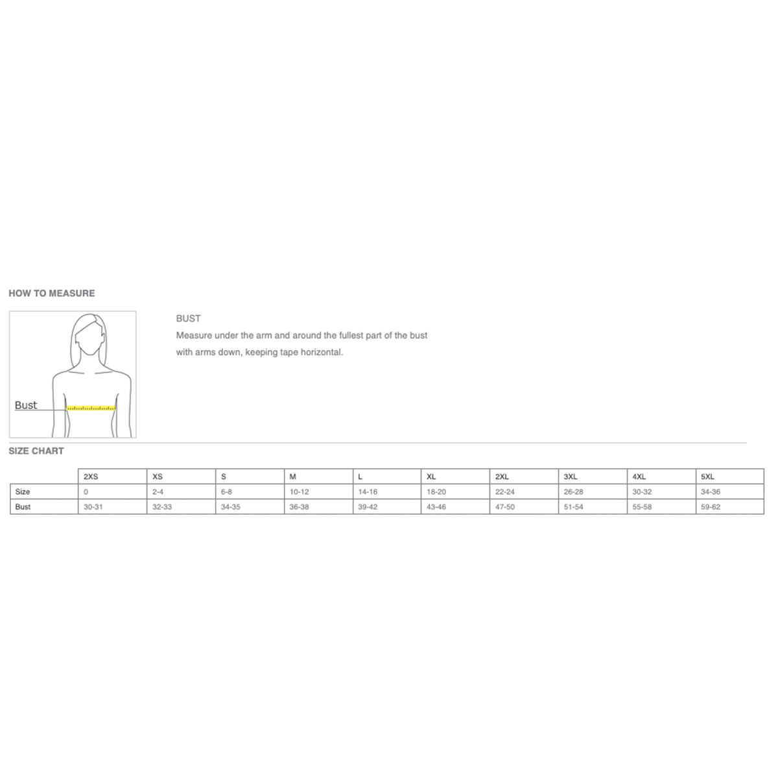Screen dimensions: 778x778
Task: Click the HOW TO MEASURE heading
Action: (52, 294)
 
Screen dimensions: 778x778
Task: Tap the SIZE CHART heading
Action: (36, 451)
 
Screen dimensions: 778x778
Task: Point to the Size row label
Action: (23, 491)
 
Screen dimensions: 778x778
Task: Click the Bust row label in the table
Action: (23, 507)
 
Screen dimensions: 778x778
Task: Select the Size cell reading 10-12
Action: (299, 491)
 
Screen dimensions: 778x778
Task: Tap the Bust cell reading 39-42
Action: (368, 507)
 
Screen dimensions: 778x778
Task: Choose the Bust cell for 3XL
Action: (574, 507)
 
